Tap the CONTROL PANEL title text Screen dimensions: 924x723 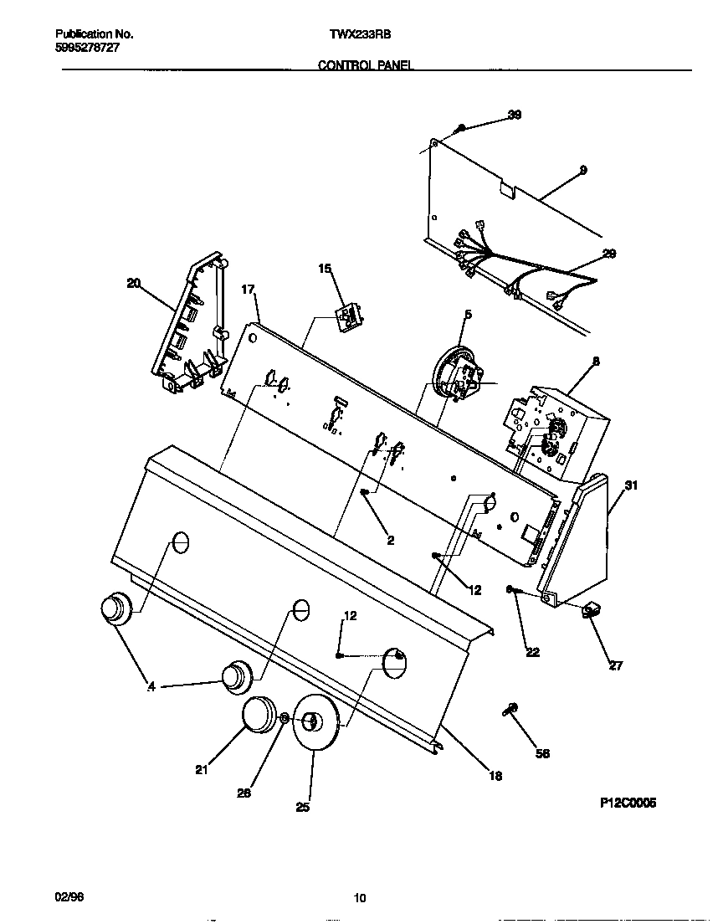[365, 64]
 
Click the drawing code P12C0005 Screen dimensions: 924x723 [628, 802]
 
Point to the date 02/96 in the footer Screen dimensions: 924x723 [69, 897]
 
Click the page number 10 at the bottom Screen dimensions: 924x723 [360, 898]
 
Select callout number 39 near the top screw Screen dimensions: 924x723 [515, 115]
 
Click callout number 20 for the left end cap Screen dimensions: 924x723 [134, 283]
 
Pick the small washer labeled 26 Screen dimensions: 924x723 [285, 718]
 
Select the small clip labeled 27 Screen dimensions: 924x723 [591, 613]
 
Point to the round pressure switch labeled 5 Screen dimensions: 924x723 [454, 370]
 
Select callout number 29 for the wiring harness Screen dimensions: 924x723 [609, 254]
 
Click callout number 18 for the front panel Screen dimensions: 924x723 [495, 776]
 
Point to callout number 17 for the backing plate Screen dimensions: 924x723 [248, 290]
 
